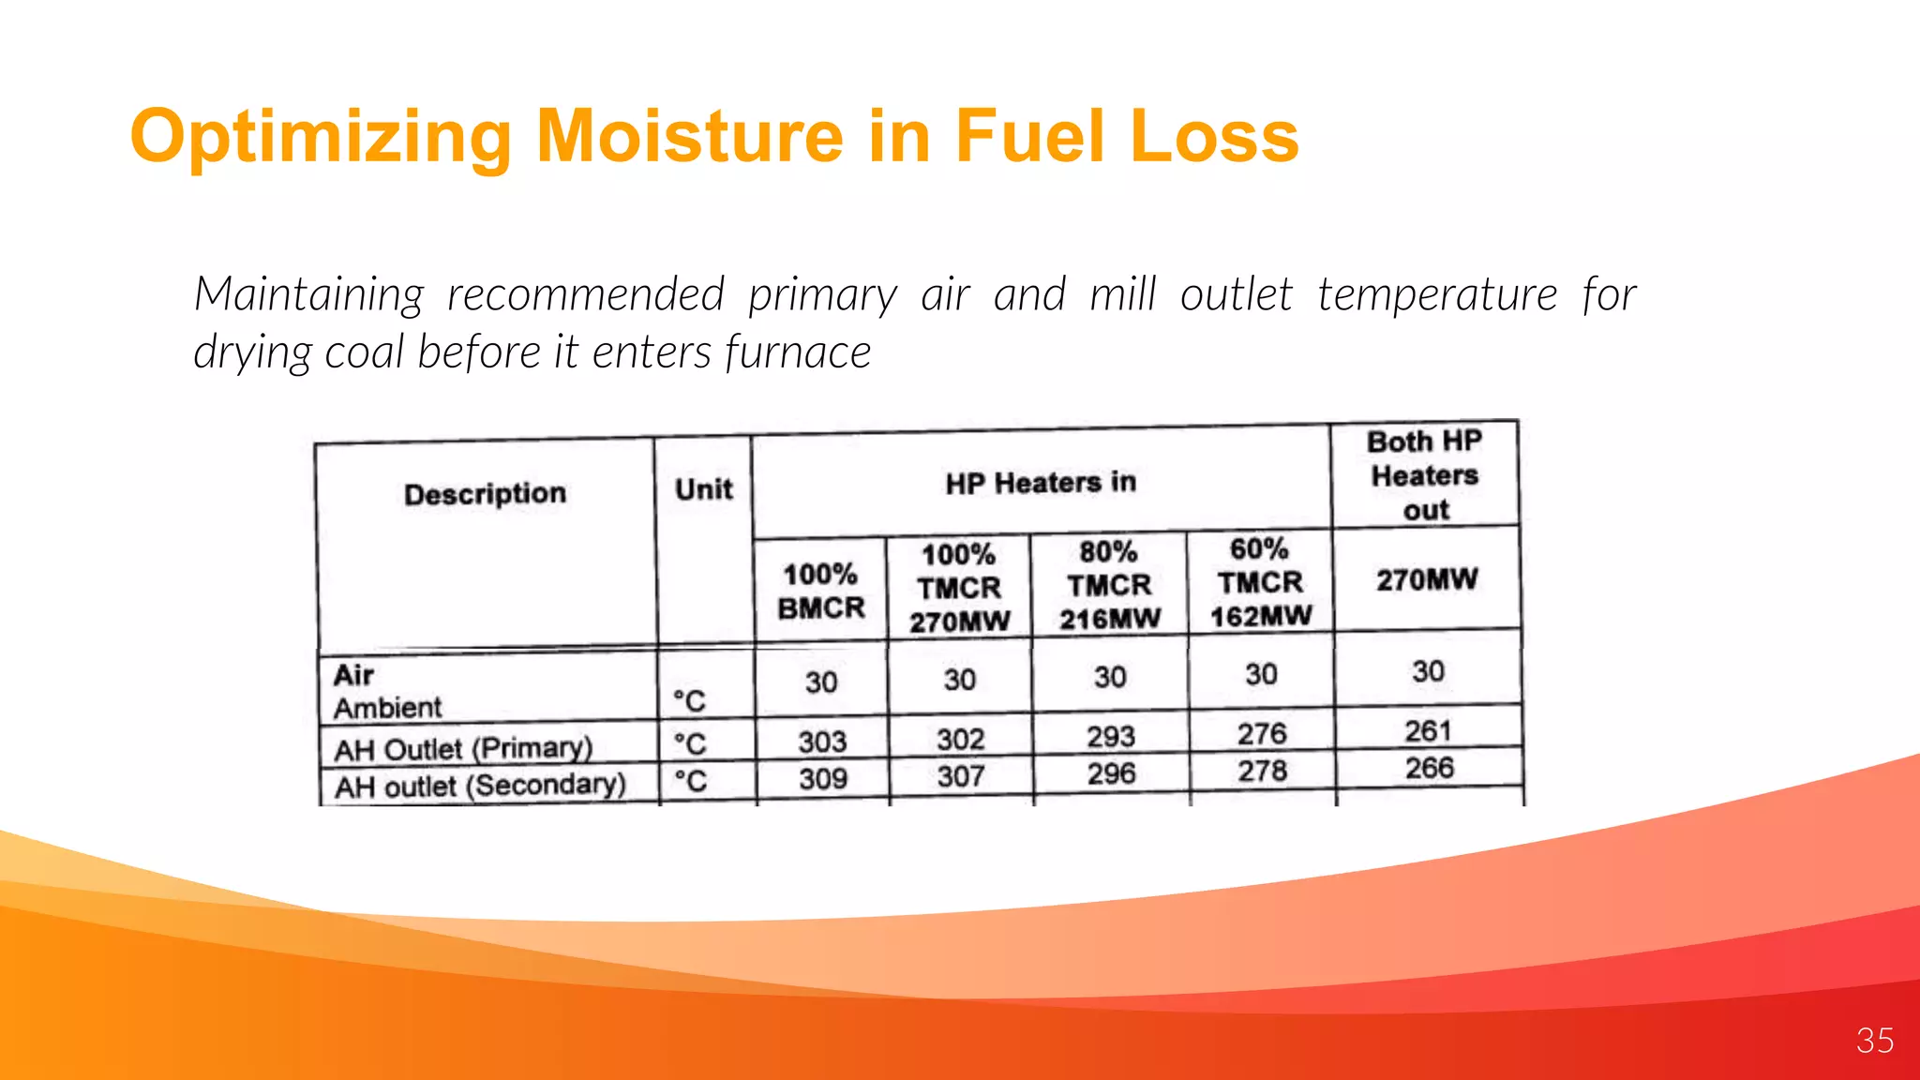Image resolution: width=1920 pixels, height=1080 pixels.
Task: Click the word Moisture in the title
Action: tap(690, 137)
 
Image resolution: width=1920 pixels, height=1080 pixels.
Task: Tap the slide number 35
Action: tap(1874, 1041)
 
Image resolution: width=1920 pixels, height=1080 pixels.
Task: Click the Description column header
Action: tap(485, 494)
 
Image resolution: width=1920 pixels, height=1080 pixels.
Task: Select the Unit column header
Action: tap(703, 489)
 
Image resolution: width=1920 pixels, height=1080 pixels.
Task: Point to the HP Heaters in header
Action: tap(1040, 483)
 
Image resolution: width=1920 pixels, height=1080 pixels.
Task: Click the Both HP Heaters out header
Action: tap(1425, 475)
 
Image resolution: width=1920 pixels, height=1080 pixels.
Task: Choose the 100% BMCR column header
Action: tap(821, 591)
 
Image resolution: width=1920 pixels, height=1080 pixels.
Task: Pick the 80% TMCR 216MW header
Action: tap(1109, 585)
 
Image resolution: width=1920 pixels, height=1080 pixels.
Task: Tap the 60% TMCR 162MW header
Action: tap(1260, 582)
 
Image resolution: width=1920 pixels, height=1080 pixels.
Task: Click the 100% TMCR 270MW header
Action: tap(959, 588)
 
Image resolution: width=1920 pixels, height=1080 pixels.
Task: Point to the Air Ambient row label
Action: tap(386, 691)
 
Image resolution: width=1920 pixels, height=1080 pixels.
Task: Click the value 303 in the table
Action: tap(822, 742)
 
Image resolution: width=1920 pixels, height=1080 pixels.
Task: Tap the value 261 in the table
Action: tap(1427, 731)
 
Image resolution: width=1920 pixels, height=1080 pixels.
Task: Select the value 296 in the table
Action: tap(1111, 773)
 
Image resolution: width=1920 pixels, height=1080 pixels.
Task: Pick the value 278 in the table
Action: tap(1261, 771)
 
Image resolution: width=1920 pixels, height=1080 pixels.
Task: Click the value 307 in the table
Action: tap(961, 776)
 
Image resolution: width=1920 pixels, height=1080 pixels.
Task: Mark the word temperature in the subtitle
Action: tap(1437, 295)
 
